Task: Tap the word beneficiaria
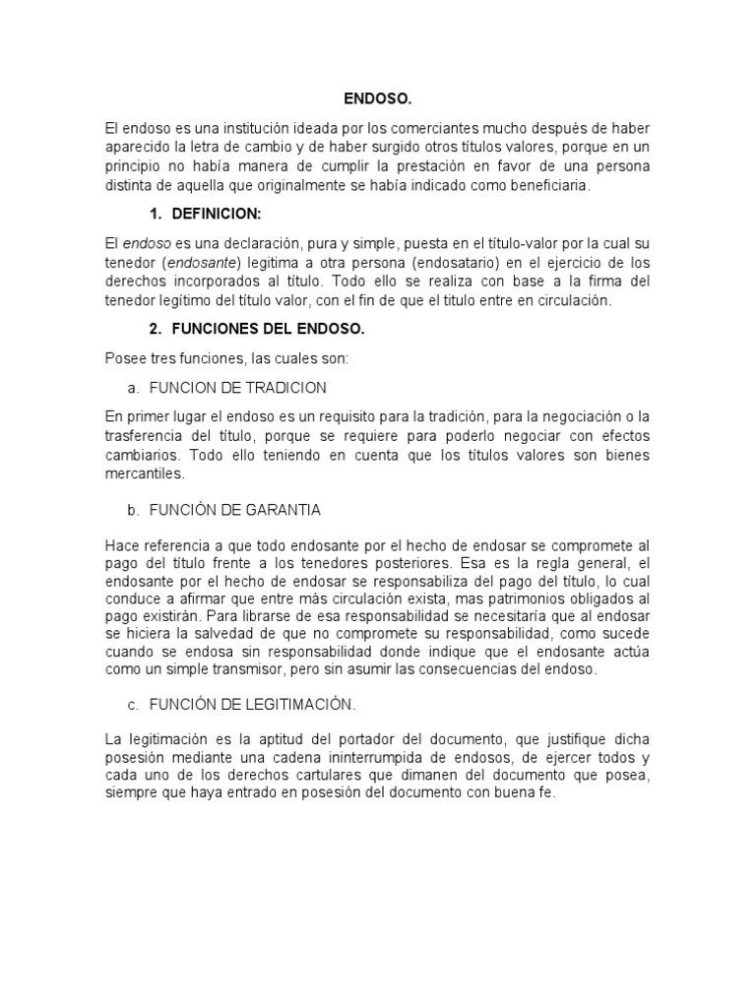[550, 185]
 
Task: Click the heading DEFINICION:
[217, 214]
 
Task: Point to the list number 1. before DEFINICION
[157, 214]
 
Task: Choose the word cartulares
[318, 777]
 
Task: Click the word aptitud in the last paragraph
[271, 739]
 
